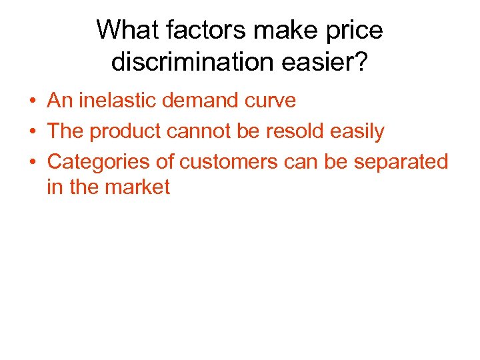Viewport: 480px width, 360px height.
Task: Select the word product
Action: [125, 131]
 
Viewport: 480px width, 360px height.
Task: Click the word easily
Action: [357, 132]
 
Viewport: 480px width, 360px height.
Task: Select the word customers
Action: [224, 162]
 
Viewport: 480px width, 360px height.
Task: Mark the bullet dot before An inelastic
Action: [32, 101]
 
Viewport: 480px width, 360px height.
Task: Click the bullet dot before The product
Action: [32, 132]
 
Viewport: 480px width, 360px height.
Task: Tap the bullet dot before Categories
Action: [32, 163]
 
